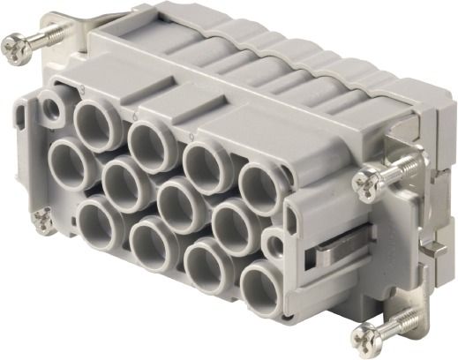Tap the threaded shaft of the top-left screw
pyautogui.click(x=53, y=34)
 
